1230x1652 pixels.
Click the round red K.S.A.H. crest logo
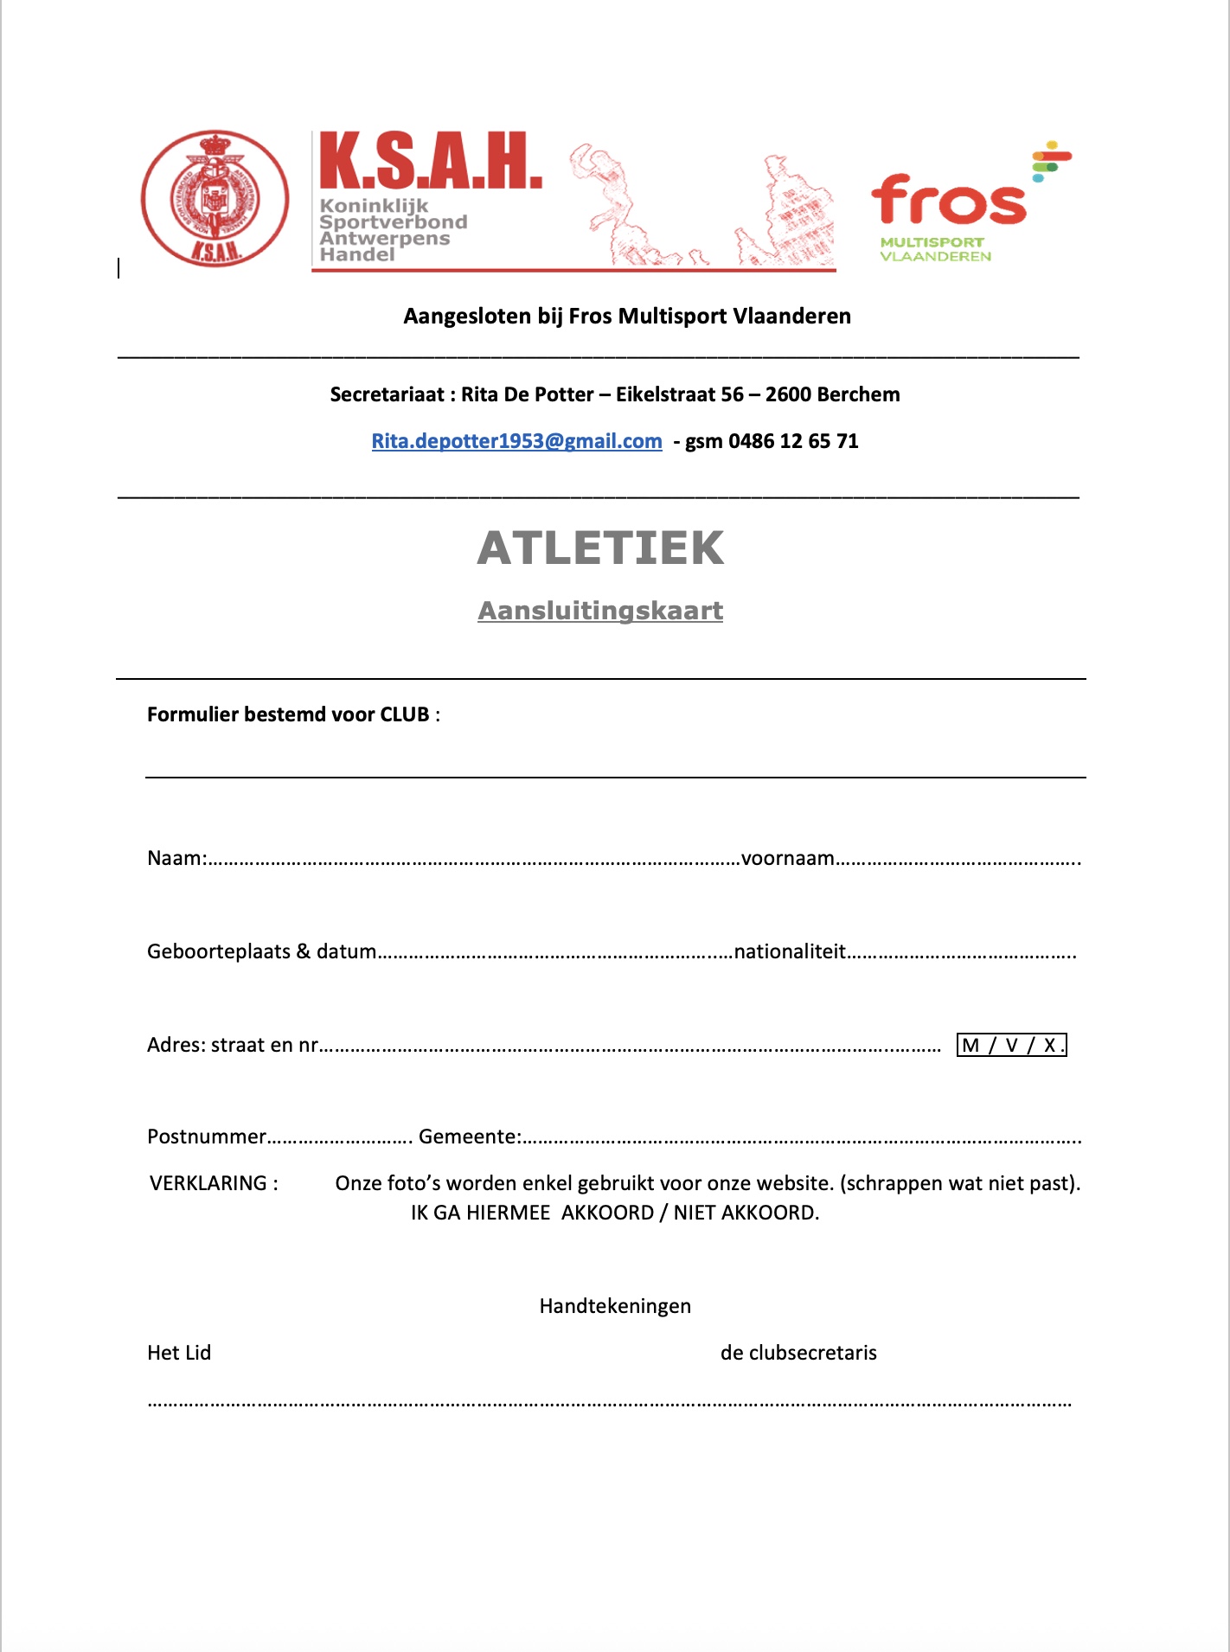[x=215, y=198]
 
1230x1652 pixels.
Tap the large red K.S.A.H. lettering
[x=430, y=162]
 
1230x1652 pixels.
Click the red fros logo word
[x=949, y=201]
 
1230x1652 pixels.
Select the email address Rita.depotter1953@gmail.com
[x=516, y=441]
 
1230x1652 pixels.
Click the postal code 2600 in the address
[x=788, y=394]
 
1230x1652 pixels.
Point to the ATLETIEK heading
[x=601, y=548]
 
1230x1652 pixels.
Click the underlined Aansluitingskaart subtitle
[x=600, y=611]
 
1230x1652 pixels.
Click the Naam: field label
[x=176, y=858]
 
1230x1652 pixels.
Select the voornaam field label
[x=787, y=858]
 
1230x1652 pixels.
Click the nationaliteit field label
[x=789, y=951]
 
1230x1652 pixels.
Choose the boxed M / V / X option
[x=1011, y=1045]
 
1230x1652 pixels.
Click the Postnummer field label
[x=207, y=1137]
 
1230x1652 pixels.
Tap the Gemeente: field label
[x=470, y=1137]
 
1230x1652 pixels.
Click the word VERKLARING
[x=208, y=1183]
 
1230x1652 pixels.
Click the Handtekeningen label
[x=615, y=1306]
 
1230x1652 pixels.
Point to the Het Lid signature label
[x=179, y=1353]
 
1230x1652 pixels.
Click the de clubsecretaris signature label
[x=798, y=1353]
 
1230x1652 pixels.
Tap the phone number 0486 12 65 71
[x=793, y=441]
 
